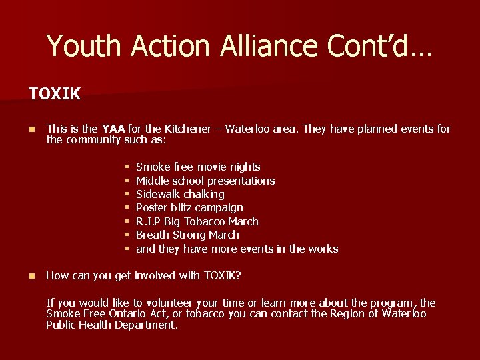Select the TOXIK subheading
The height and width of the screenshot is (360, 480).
[55, 94]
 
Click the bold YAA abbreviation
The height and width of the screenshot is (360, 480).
[113, 129]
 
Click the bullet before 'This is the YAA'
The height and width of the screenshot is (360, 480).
[32, 129]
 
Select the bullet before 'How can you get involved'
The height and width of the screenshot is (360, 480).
[32, 276]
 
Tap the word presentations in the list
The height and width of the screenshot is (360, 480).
[241, 181]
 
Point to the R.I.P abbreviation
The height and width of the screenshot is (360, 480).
[147, 221]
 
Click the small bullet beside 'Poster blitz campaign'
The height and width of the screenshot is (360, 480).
[127, 208]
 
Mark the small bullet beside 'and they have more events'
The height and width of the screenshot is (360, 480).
[127, 249]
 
